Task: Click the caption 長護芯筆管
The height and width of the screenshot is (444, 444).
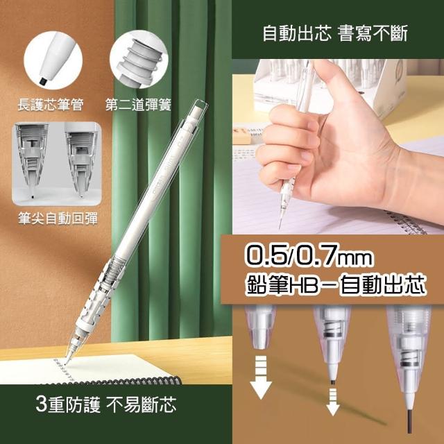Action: (51, 105)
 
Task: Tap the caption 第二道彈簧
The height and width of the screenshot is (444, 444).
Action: (138, 105)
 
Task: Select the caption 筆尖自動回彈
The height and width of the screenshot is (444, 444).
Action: (58, 219)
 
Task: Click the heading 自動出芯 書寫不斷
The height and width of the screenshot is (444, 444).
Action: (335, 33)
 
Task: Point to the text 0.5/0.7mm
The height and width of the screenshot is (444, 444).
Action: (309, 256)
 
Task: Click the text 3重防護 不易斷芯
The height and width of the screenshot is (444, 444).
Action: (106, 404)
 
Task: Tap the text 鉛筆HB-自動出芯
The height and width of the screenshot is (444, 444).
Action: (336, 285)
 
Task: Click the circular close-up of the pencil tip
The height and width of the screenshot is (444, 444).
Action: (53, 60)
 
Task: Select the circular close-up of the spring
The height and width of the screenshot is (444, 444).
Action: (139, 59)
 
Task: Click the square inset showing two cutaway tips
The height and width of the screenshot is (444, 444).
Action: (57, 164)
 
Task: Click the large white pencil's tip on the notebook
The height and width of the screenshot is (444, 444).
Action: (67, 360)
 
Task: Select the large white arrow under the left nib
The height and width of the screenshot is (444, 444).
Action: (261, 377)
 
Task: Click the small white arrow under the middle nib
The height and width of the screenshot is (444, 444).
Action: (333, 402)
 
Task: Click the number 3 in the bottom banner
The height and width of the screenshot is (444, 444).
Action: (41, 404)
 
